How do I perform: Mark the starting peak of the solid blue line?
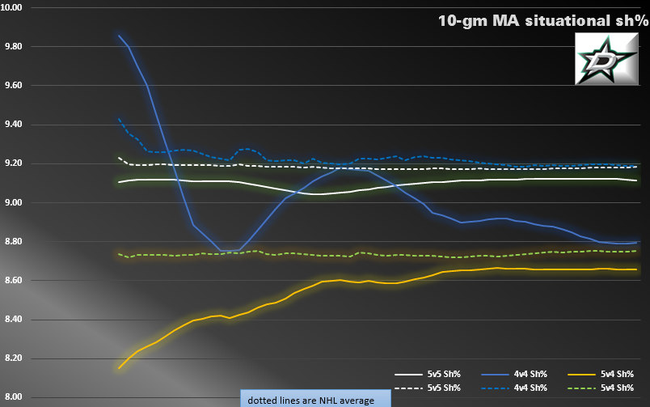tap(119, 36)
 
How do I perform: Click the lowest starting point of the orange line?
tap(119, 369)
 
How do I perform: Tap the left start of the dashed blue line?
tap(119, 119)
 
